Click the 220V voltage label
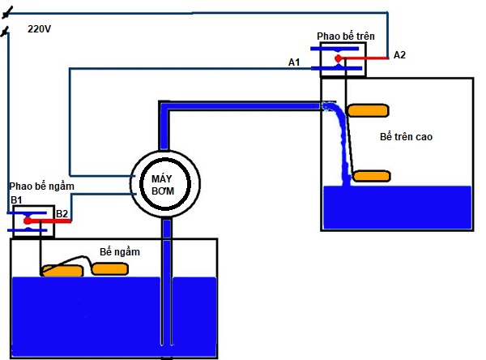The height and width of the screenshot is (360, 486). [39, 28]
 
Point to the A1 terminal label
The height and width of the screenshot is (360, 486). [295, 62]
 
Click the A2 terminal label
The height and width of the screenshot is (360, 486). [400, 55]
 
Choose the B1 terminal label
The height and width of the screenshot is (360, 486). [15, 199]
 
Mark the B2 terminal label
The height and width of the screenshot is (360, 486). [62, 215]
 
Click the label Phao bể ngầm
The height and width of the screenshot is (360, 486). [42, 186]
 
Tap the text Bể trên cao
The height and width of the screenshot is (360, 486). [406, 137]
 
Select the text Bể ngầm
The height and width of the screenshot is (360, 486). [120, 252]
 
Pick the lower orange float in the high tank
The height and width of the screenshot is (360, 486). [372, 176]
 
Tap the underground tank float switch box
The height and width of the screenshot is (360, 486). [32, 221]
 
